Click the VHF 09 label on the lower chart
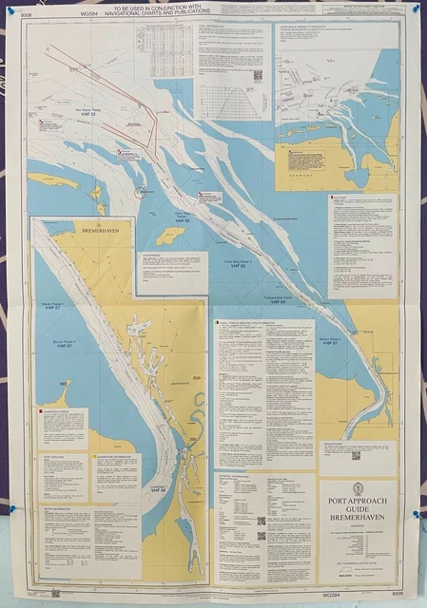point(158,491)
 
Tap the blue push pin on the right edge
point(417,514)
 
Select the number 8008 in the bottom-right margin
point(397,593)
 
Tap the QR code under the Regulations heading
point(356,456)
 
